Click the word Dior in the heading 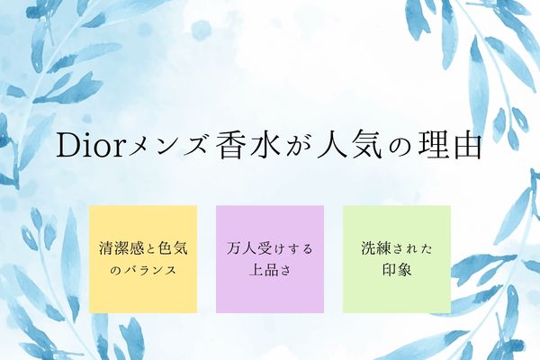(90, 145)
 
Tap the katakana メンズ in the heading (168, 146)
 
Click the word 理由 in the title (450, 145)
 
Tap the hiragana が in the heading (298, 146)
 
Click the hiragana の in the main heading (400, 147)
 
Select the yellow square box (143, 259)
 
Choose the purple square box (270, 259)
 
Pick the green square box (397, 259)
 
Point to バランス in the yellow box (149, 270)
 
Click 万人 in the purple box (241, 248)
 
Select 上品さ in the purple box (270, 270)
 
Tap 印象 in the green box (397, 270)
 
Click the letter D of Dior (69, 145)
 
